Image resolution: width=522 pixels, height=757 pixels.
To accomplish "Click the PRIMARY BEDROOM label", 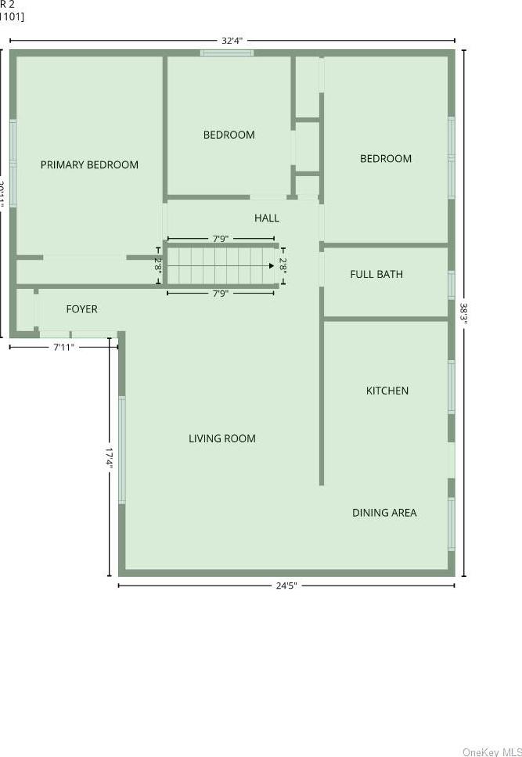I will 89,165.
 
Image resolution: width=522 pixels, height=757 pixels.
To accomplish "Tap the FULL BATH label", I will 376,275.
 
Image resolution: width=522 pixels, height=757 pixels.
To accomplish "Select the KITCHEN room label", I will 387,391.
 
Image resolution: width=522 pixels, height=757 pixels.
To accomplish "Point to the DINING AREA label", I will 384,513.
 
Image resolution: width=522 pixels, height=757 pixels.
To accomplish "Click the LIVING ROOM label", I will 222,439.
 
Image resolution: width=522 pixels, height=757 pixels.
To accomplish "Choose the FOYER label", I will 81,309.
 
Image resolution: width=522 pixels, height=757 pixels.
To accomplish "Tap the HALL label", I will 267,218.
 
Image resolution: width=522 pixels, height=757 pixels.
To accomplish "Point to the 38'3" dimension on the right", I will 464,314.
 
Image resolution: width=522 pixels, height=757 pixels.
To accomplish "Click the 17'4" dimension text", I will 110,458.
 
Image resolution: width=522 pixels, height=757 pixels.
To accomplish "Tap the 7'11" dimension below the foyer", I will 63,347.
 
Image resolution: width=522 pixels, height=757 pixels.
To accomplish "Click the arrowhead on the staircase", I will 271,265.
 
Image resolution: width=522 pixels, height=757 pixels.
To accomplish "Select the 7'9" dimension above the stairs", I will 221,239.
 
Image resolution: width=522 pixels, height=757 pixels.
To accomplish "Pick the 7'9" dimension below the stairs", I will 221,294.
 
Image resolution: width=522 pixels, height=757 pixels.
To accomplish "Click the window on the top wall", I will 227,53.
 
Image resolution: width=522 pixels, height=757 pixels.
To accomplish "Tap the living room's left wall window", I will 122,449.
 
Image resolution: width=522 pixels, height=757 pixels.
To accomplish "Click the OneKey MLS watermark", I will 491,752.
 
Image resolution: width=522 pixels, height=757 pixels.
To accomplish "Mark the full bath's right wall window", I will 452,284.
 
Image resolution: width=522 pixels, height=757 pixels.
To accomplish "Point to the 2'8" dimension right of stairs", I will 283,265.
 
